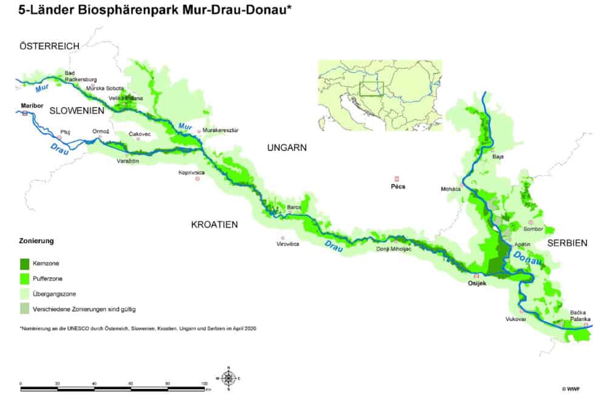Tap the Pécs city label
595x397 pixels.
(398, 187)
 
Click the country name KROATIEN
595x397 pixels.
(214, 224)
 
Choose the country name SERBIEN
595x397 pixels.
(567, 243)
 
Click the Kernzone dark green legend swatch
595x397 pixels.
(25, 263)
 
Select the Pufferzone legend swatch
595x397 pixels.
(25, 278)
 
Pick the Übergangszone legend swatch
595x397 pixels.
(25, 294)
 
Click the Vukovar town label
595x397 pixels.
(514, 319)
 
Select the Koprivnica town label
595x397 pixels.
(191, 173)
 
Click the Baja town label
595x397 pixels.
(498, 157)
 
